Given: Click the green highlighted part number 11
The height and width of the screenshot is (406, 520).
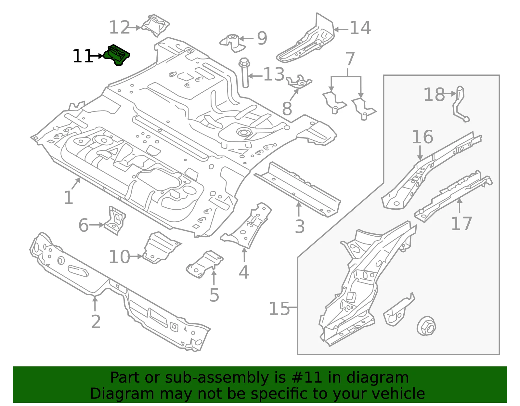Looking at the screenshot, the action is pyautogui.click(x=117, y=55).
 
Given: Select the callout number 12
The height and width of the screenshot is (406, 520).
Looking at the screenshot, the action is pyautogui.click(x=119, y=27).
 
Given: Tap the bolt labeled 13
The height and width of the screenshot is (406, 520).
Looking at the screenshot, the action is pyautogui.click(x=244, y=72).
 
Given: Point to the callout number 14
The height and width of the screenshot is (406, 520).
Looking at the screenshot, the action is pyautogui.click(x=360, y=28).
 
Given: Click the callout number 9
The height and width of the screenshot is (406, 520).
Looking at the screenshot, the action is pyautogui.click(x=262, y=38).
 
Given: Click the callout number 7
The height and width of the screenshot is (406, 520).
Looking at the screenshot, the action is pyautogui.click(x=350, y=59).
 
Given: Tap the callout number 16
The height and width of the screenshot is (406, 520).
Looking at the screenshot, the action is pyautogui.click(x=422, y=137).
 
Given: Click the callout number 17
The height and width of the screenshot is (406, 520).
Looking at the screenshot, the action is pyautogui.click(x=461, y=223).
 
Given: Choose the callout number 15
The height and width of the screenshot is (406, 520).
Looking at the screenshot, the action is pyautogui.click(x=279, y=308).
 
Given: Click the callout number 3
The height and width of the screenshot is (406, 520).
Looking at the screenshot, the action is pyautogui.click(x=300, y=226).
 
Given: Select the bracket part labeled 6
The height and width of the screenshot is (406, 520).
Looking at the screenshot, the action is pyautogui.click(x=115, y=221).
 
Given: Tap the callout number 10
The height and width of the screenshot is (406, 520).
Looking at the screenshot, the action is pyautogui.click(x=119, y=257).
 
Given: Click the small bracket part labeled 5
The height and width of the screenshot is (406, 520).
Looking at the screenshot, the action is pyautogui.click(x=205, y=264).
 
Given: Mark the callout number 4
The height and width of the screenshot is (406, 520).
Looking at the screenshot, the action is pyautogui.click(x=244, y=272).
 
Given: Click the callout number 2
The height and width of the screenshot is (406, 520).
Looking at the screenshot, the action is pyautogui.click(x=96, y=322).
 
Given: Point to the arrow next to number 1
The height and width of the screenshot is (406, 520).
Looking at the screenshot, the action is pyautogui.click(x=76, y=183).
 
